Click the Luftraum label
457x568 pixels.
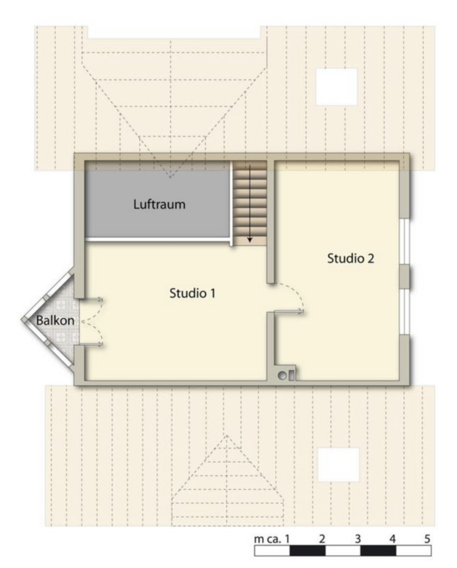pos(159,205)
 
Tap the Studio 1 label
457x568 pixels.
pos(192,293)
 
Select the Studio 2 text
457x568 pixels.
pos(351,258)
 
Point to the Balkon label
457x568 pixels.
pos(55,321)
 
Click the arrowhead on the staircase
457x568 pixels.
pos(250,240)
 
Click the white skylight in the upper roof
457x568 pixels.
pos(337,87)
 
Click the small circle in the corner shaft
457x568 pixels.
pos(282,376)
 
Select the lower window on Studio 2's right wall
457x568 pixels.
pos(405,312)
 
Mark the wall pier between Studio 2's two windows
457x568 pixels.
pos(405,277)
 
